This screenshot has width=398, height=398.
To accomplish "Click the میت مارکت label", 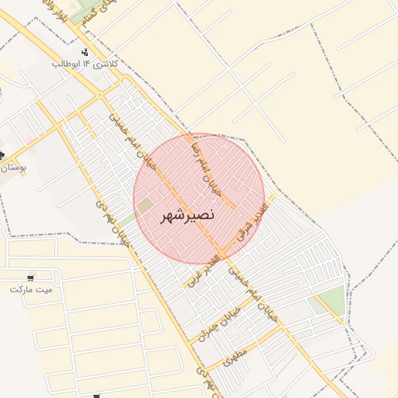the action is point(31,289).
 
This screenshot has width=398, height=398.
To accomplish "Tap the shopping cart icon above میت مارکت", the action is point(31,277).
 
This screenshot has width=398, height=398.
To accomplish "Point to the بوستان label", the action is point(13,167).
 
